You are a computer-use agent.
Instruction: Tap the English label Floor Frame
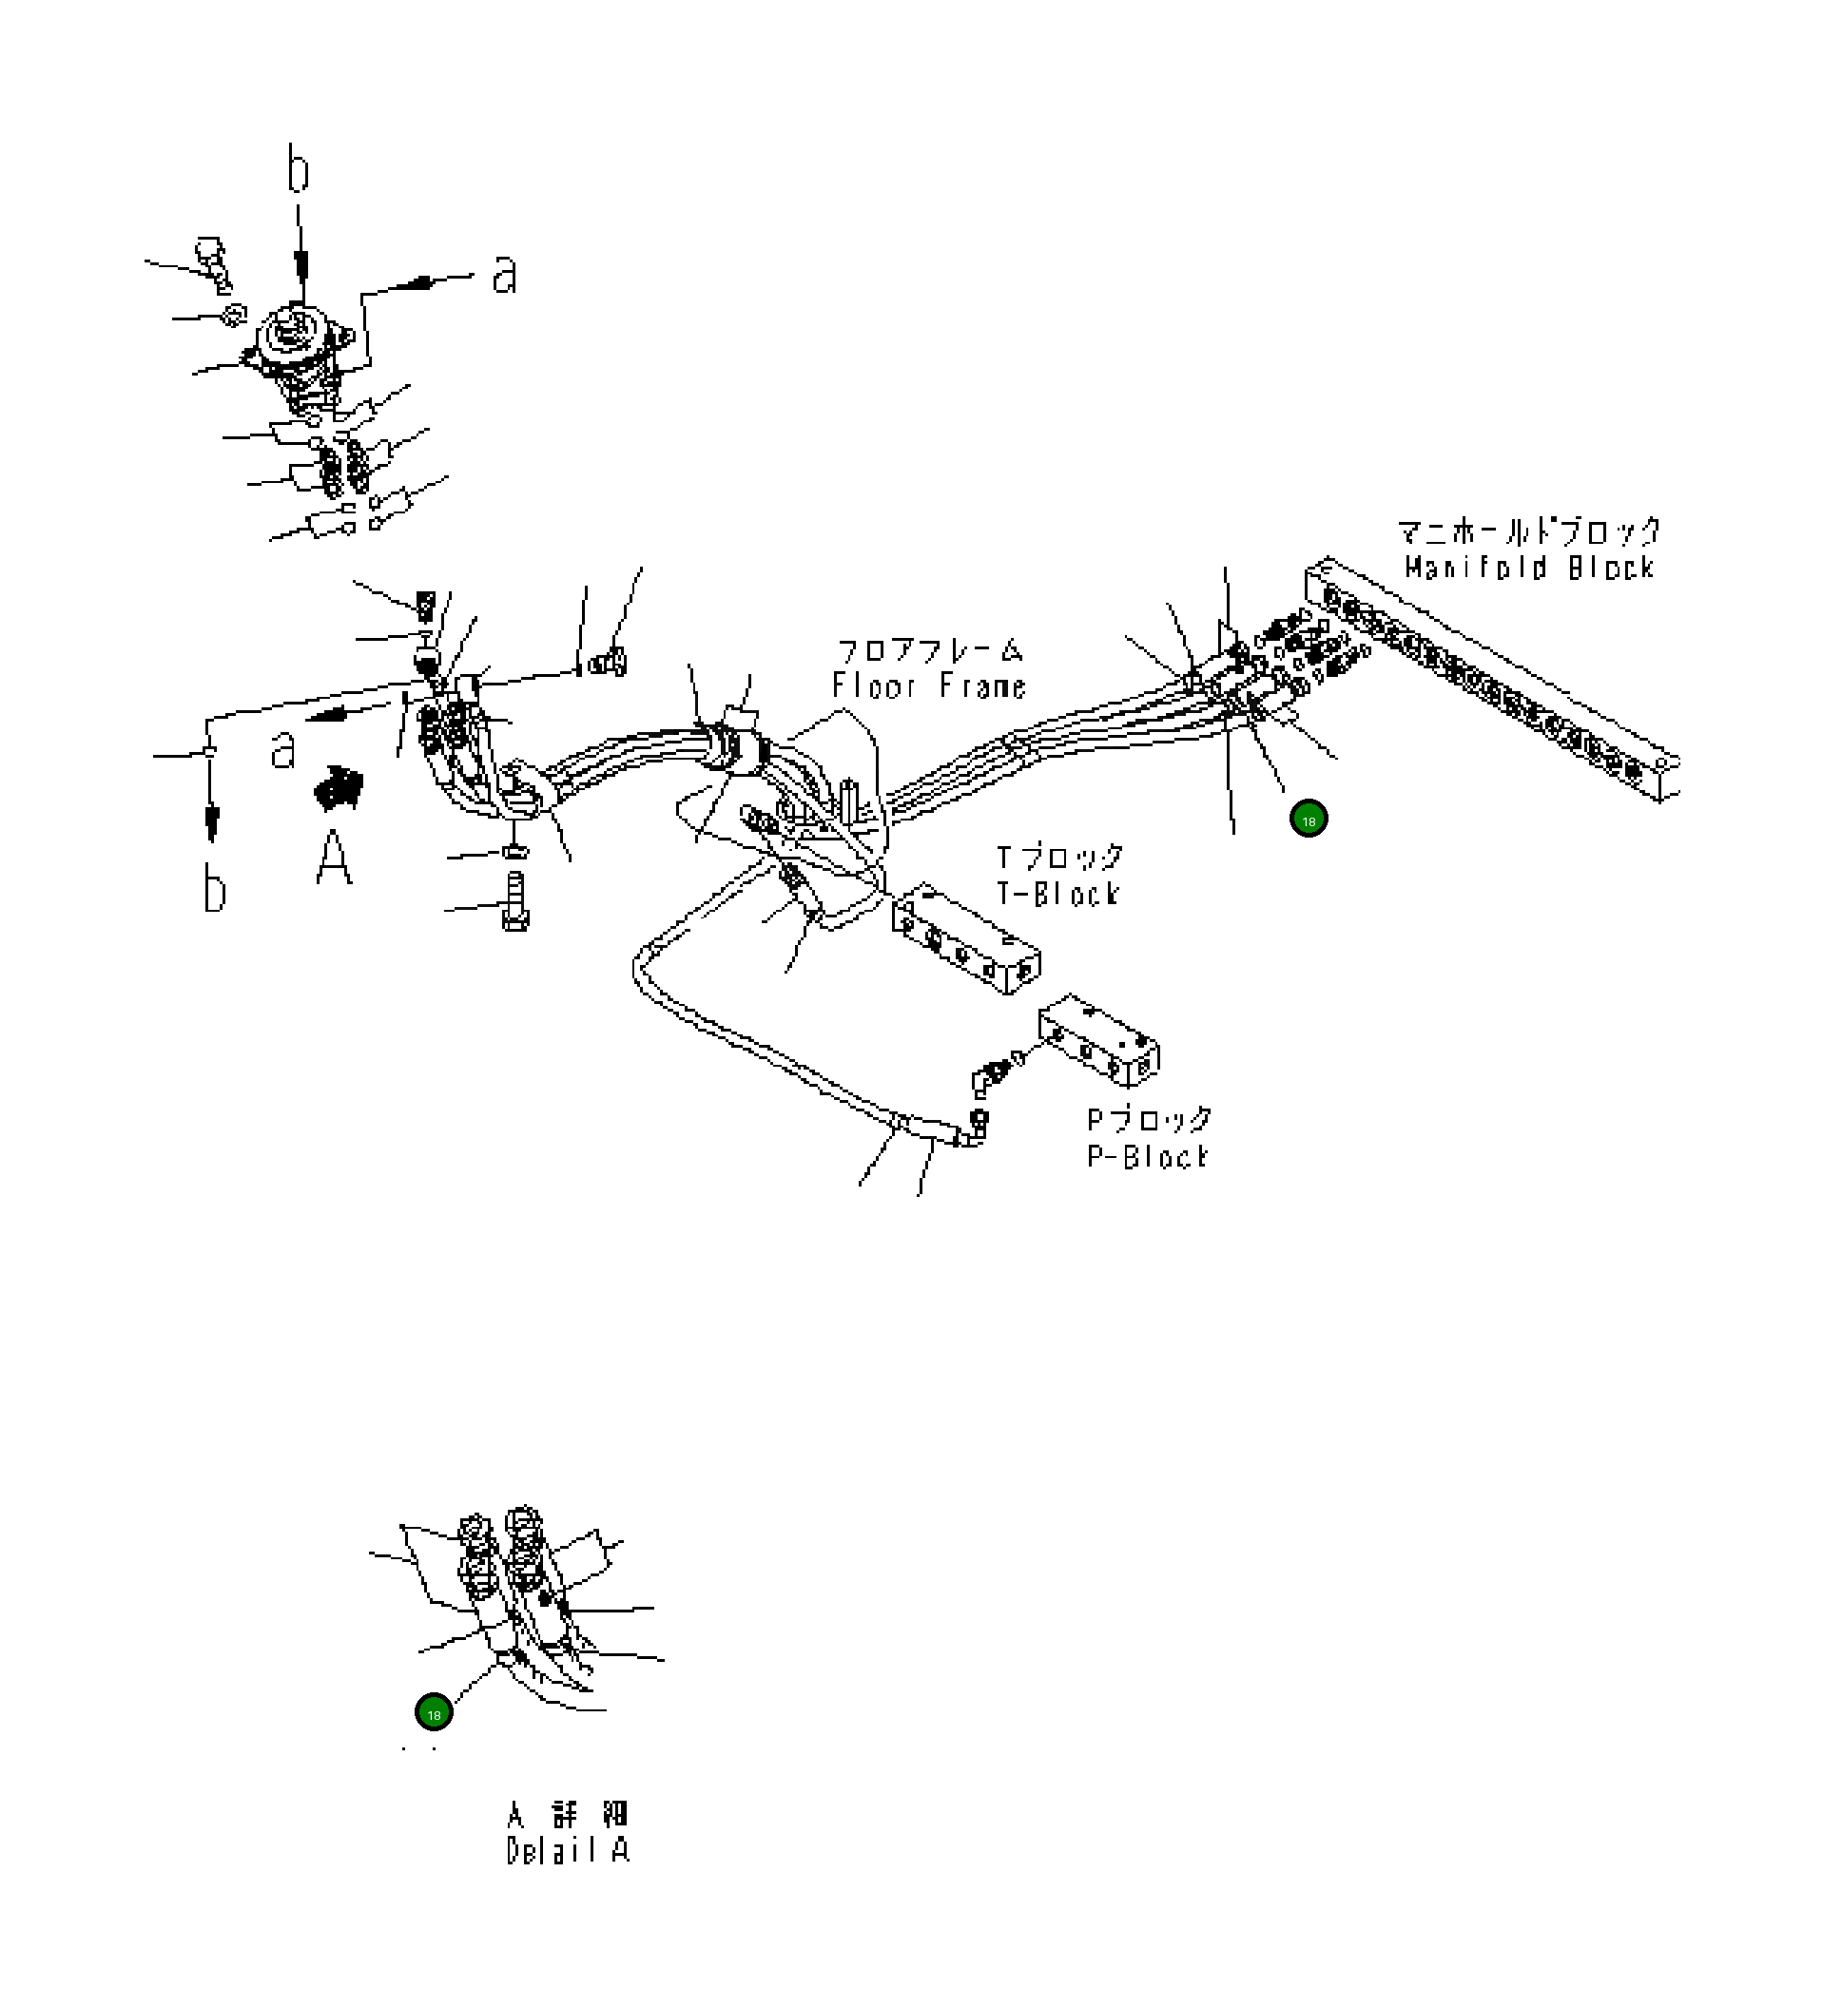[x=928, y=685]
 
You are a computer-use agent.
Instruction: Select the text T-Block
[x=1057, y=893]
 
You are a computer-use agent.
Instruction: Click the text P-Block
[x=1147, y=1157]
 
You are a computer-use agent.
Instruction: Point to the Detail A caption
[x=568, y=1851]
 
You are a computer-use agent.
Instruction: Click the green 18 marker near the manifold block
[x=1308, y=820]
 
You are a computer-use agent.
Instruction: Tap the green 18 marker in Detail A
[x=433, y=1713]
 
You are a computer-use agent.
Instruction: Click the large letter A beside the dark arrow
[x=334, y=858]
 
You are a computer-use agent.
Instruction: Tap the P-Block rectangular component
[x=1098, y=1039]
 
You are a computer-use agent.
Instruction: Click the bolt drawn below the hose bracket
[x=514, y=901]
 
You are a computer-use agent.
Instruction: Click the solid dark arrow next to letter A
[x=338, y=786]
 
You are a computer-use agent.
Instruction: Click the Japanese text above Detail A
[x=568, y=1814]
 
